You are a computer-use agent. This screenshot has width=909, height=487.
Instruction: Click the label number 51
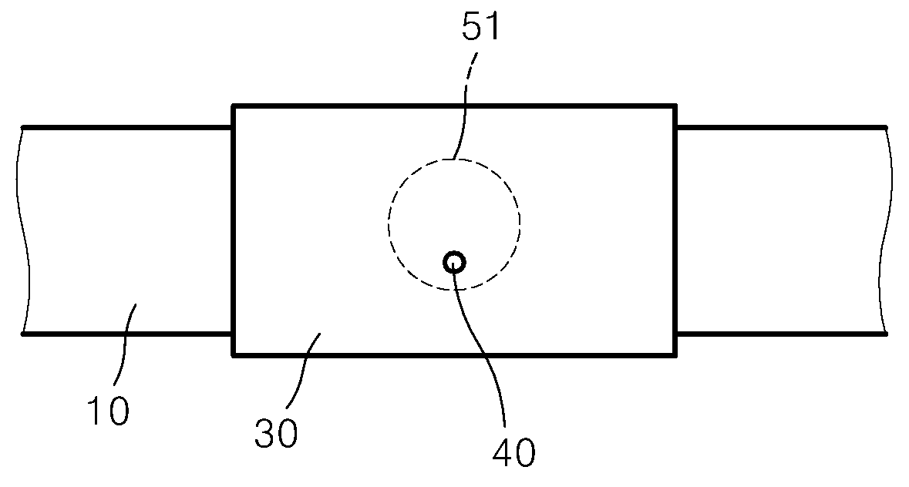(x=480, y=27)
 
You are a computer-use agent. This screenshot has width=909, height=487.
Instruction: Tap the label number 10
(x=109, y=411)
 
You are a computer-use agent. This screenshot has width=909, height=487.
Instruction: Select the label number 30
(x=276, y=432)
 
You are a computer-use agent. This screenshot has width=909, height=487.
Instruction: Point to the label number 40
(x=513, y=452)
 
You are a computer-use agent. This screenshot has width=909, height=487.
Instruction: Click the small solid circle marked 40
(x=454, y=263)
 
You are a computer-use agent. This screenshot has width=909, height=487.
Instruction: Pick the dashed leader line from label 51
(x=464, y=104)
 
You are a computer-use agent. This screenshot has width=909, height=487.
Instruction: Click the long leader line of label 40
(x=483, y=341)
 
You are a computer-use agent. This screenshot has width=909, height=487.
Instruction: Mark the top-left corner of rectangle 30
(x=234, y=106)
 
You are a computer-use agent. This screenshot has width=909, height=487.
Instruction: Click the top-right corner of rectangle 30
(x=675, y=106)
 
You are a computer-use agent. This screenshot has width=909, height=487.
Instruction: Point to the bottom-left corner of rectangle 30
(x=234, y=355)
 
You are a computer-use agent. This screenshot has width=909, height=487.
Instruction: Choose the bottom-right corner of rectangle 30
(x=675, y=355)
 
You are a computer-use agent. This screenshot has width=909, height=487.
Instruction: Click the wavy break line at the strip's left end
(x=22, y=230)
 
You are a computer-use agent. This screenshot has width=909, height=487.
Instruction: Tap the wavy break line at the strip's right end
(x=885, y=230)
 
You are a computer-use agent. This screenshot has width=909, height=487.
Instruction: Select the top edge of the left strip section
(x=127, y=127)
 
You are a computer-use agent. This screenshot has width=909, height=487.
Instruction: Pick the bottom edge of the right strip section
(x=782, y=334)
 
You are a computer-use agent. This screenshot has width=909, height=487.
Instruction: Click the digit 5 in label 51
(x=471, y=27)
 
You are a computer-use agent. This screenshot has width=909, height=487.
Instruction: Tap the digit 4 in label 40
(x=503, y=452)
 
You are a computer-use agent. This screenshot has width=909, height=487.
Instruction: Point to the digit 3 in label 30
(x=265, y=432)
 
